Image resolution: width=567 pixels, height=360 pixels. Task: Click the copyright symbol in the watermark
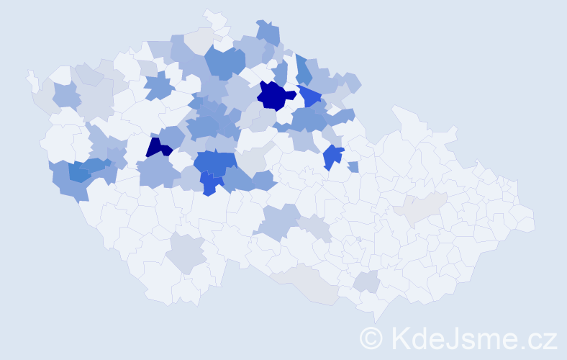[371, 338]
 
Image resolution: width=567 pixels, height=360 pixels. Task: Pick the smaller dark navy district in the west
[158, 148]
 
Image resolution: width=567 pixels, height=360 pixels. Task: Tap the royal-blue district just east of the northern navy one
[310, 96]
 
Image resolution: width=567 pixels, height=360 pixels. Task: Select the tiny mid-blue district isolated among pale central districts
[353, 167]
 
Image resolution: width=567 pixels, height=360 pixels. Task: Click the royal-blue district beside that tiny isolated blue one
[332, 156]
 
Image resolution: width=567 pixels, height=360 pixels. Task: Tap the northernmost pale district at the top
[214, 18]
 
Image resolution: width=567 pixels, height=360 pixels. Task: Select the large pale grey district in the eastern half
[421, 208]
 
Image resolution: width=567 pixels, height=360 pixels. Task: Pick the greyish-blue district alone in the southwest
[186, 253]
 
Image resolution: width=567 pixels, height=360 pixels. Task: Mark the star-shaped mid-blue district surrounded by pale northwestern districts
[159, 87]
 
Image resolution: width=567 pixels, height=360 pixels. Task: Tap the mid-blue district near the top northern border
[268, 32]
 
